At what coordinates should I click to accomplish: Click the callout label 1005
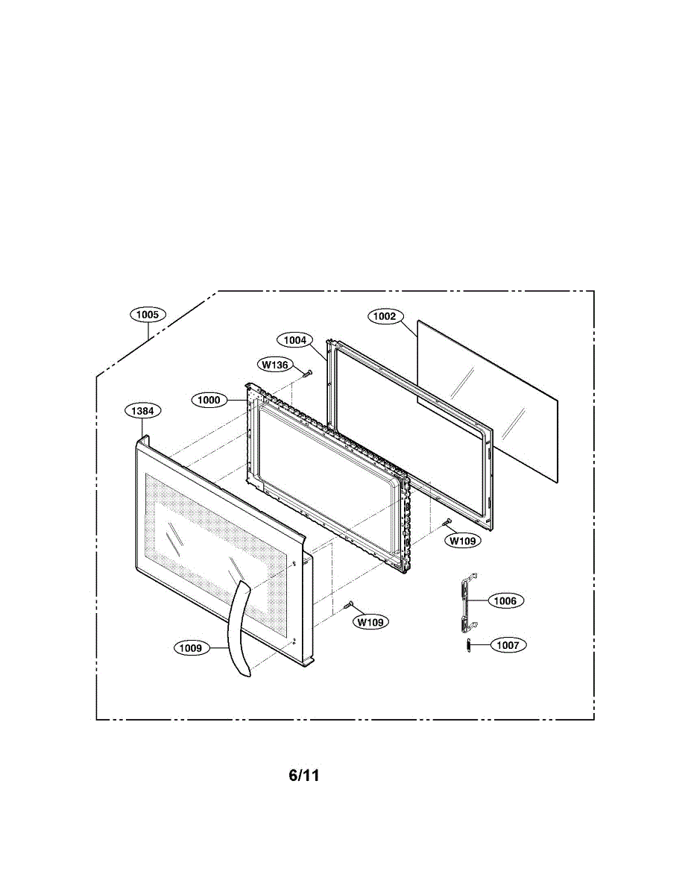point(148,315)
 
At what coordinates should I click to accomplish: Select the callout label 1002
point(385,316)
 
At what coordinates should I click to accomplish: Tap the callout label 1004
point(295,340)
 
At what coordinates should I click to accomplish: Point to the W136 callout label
point(275,365)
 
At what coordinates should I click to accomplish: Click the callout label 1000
point(209,400)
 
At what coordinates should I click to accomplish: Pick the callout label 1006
point(505,600)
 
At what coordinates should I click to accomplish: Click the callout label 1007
point(508,645)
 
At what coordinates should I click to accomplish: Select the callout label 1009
point(190,648)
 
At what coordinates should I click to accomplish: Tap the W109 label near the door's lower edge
point(371,621)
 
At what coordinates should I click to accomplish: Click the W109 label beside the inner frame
point(463,541)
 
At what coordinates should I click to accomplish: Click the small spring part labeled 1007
point(468,646)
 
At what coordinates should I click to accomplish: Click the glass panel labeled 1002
point(488,399)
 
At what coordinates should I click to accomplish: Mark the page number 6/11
point(304,776)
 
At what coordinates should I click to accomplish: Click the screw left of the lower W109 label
point(348,605)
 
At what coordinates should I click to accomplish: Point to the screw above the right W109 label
point(448,524)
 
